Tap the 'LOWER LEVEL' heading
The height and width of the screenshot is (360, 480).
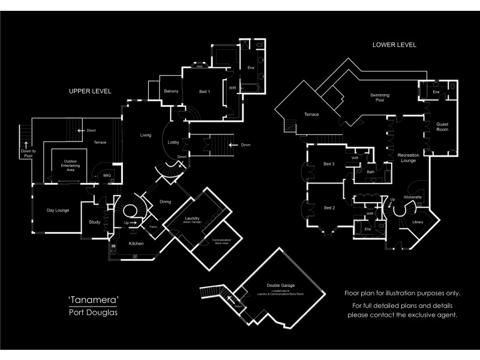(395, 45)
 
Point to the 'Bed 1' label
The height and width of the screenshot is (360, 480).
(204, 91)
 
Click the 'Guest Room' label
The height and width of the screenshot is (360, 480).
(442, 125)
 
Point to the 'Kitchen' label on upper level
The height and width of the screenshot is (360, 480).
(136, 244)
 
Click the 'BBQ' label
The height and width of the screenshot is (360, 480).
(107, 176)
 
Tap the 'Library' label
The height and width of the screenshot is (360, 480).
(418, 223)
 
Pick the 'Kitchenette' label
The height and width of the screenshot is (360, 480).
(413, 197)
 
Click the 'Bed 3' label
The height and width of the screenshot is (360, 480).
(328, 164)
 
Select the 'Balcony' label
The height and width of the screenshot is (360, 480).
(172, 91)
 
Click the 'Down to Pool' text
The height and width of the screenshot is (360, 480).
(28, 154)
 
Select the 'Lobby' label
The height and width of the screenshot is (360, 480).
(174, 143)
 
